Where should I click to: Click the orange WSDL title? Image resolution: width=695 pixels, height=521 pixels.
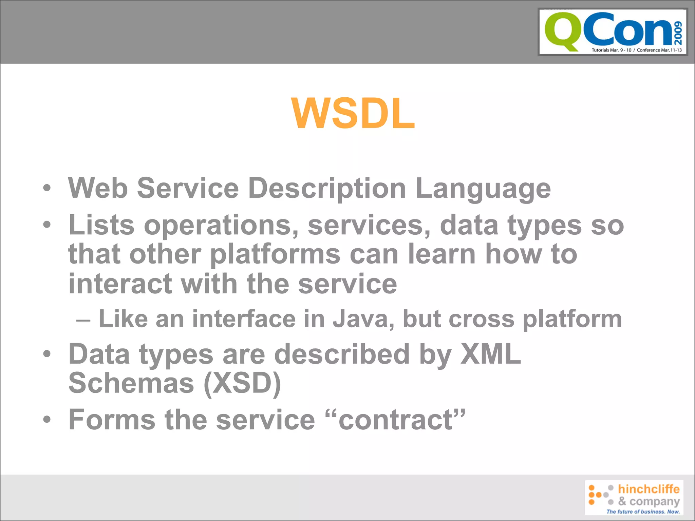pyautogui.click(x=353, y=114)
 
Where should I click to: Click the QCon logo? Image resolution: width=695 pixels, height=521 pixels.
pyautogui.click(x=613, y=32)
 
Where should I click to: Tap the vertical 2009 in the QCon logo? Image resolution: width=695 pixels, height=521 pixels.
pyautogui.click(x=678, y=33)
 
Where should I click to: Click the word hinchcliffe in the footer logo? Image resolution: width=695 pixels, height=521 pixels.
pyautogui.click(x=649, y=489)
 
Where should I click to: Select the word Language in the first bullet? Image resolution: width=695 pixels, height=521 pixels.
pyautogui.click(x=483, y=189)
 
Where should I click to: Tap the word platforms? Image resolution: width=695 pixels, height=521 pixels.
pyautogui.click(x=275, y=255)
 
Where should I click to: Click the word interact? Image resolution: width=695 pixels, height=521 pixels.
pyautogui.click(x=120, y=284)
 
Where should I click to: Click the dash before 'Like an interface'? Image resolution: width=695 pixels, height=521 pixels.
pyautogui.click(x=83, y=320)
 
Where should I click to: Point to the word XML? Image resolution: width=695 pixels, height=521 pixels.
pyautogui.click(x=490, y=354)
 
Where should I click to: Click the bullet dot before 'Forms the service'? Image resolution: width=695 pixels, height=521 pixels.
pyautogui.click(x=47, y=420)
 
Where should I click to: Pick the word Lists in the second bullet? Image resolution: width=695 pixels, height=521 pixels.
pyautogui.click(x=101, y=226)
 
